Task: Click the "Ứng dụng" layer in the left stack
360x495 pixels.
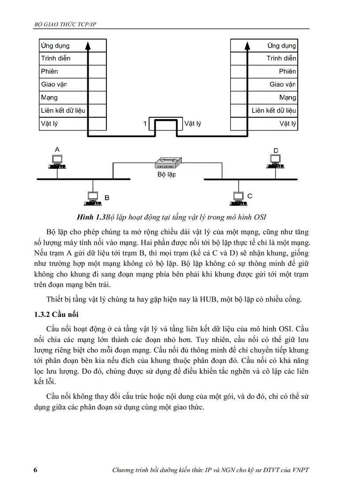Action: [x=55, y=45]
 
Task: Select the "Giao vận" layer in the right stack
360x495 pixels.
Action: [x=283, y=84]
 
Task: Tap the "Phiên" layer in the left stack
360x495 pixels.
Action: [x=49, y=71]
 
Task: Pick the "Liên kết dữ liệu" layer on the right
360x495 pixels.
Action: [x=274, y=110]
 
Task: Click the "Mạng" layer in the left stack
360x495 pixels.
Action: [x=49, y=97]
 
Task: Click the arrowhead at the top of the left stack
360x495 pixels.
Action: [x=88, y=44]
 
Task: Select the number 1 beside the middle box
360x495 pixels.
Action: [x=145, y=124]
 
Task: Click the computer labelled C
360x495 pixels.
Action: [x=238, y=199]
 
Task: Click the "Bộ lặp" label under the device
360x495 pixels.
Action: [x=167, y=175]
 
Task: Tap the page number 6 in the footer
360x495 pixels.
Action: [x=35, y=469]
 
